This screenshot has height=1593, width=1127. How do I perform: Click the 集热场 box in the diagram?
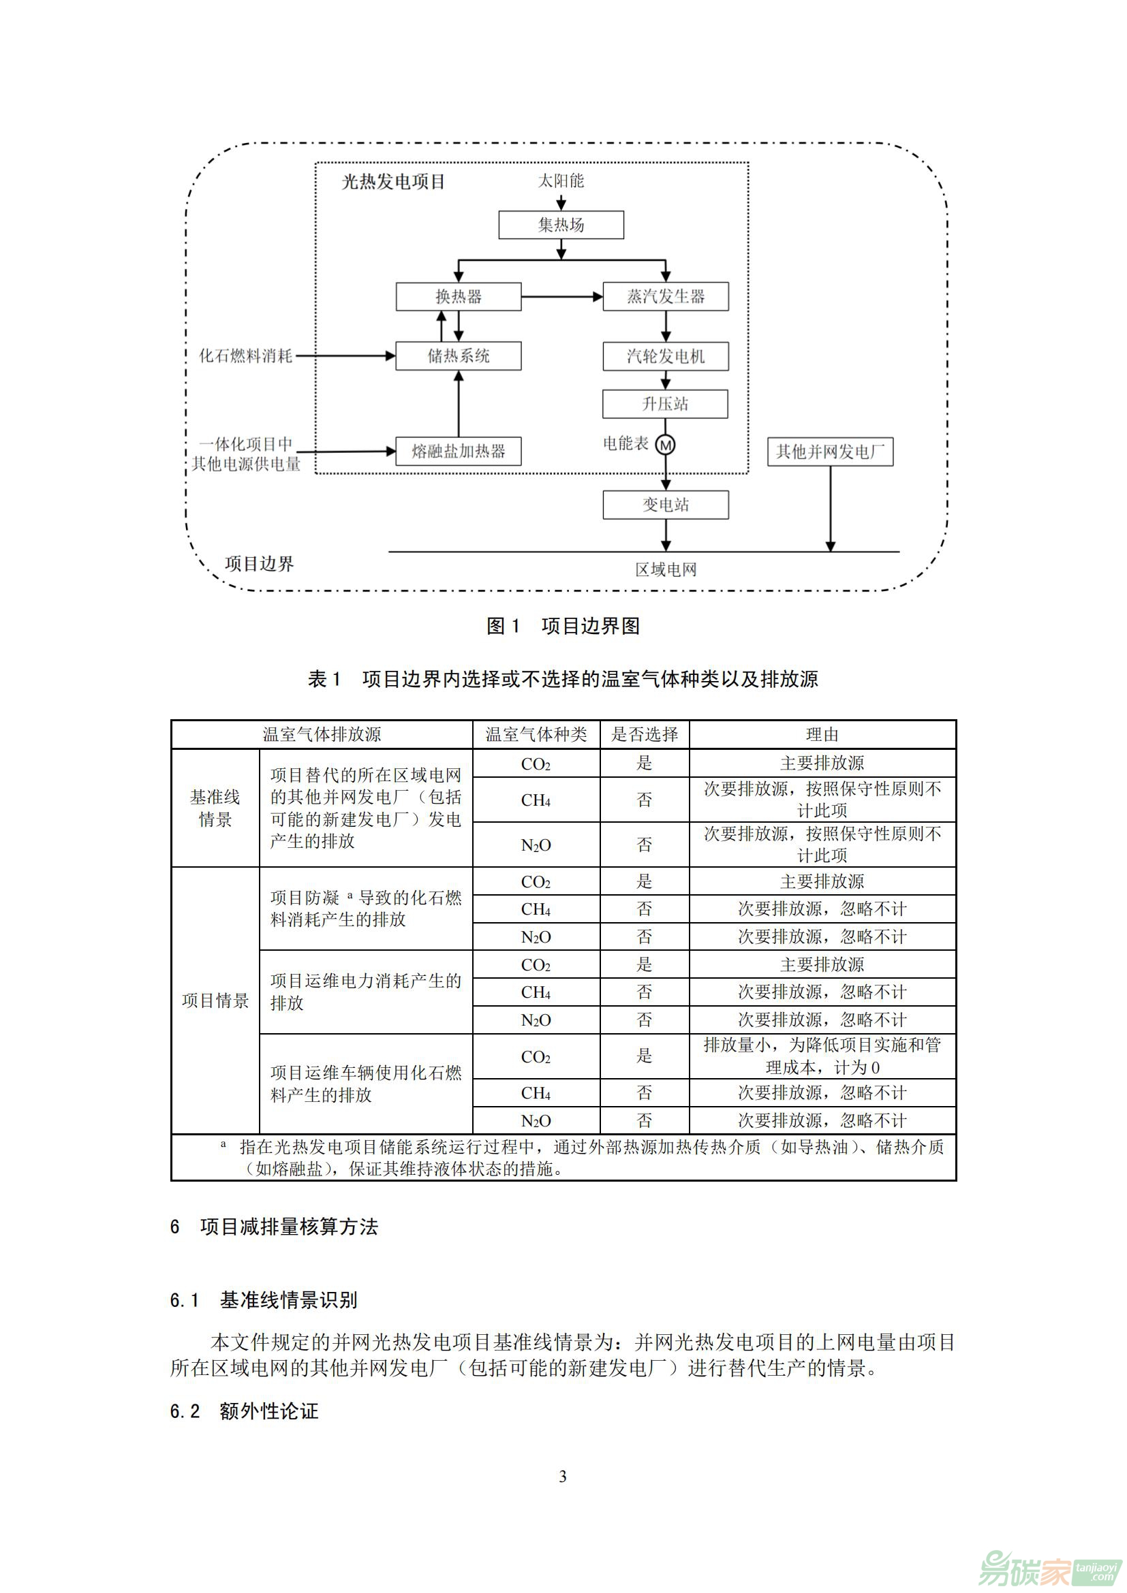561,225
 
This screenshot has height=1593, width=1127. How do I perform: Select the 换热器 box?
458,296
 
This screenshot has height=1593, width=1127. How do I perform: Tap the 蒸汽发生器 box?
666,296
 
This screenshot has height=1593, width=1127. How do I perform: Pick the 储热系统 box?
458,356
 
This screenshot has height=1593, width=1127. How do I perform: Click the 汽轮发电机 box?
666,356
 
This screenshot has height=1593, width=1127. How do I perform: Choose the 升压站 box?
665,404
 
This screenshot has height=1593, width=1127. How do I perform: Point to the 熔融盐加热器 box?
458,452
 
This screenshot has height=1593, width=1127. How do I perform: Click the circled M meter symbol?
666,445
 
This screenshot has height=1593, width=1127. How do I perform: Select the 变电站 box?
666,505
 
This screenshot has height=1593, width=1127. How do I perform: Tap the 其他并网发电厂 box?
830,452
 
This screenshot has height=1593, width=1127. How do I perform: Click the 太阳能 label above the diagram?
561,181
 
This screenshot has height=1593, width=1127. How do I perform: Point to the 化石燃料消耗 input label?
246,356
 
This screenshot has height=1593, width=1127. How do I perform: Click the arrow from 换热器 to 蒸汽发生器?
561,297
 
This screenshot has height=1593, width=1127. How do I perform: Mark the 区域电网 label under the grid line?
666,569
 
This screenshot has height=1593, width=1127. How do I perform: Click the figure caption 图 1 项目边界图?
563,626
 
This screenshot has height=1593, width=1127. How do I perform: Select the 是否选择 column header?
644,734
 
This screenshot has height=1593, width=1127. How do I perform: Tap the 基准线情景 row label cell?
215,808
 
